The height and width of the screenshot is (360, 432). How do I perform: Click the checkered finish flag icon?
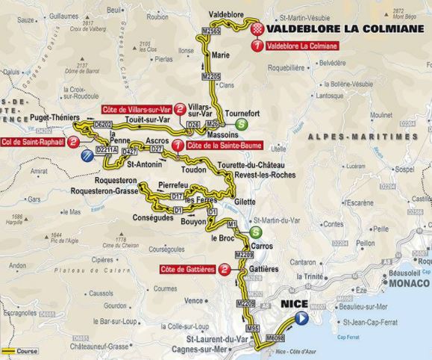tap(258, 29)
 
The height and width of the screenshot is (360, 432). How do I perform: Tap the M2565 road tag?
tap(211, 31)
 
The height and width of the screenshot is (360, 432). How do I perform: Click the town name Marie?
tap(221, 55)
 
